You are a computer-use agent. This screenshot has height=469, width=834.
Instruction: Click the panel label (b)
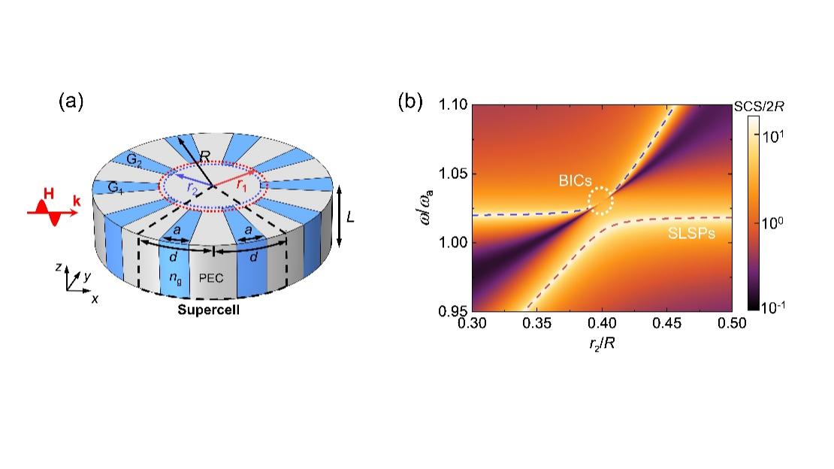tap(410, 101)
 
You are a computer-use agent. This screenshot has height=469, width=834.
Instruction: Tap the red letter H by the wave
tap(48, 195)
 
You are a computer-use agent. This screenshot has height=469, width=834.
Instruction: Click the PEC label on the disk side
tap(211, 277)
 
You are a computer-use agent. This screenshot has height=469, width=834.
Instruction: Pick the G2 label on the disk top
tap(134, 160)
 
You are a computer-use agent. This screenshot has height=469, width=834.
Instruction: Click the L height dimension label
tap(350, 218)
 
